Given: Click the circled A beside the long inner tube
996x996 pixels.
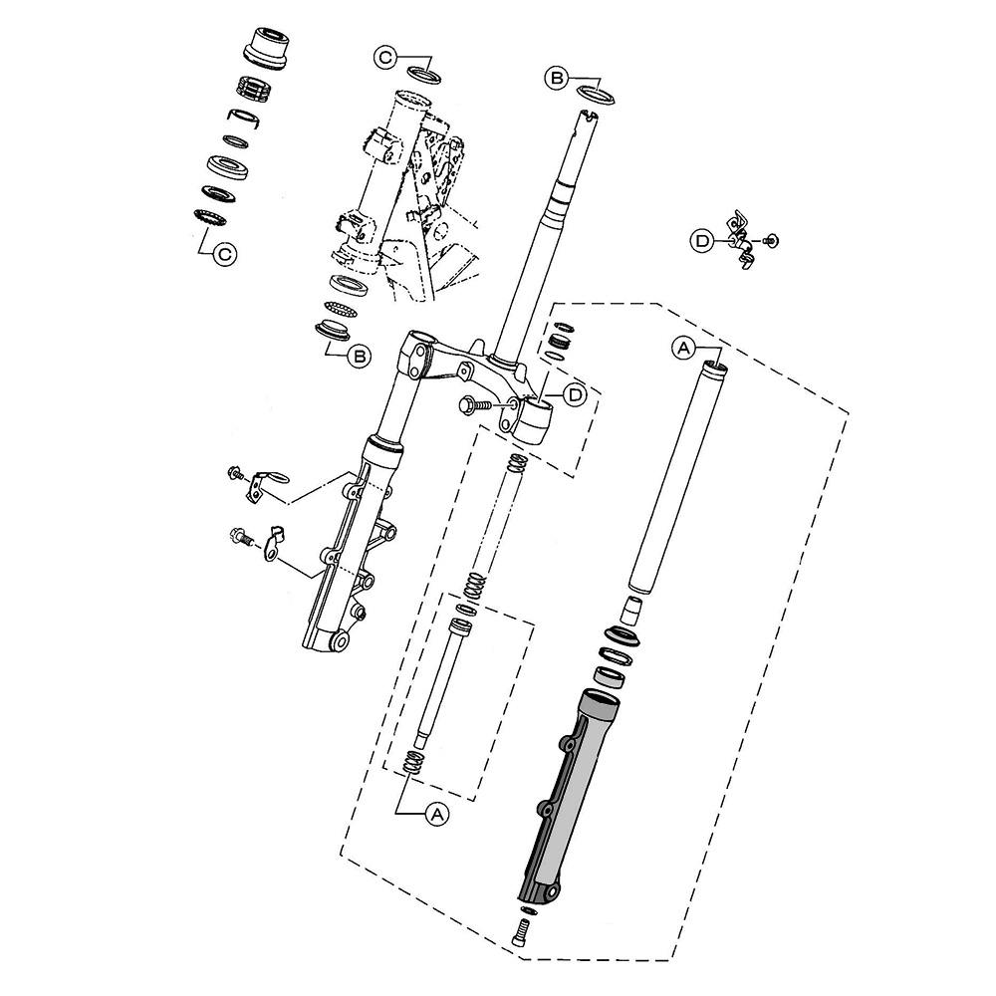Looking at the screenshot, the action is tap(683, 348).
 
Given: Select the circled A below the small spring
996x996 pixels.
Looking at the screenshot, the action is tap(436, 814).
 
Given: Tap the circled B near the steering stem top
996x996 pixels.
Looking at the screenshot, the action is tap(556, 78).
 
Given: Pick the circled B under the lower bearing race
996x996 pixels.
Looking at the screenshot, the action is tap(359, 357).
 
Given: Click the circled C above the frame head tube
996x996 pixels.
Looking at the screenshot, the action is tap(384, 58).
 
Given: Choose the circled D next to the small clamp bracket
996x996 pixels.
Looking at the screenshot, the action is tap(702, 241).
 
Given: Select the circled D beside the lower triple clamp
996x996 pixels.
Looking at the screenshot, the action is tap(576, 394).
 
